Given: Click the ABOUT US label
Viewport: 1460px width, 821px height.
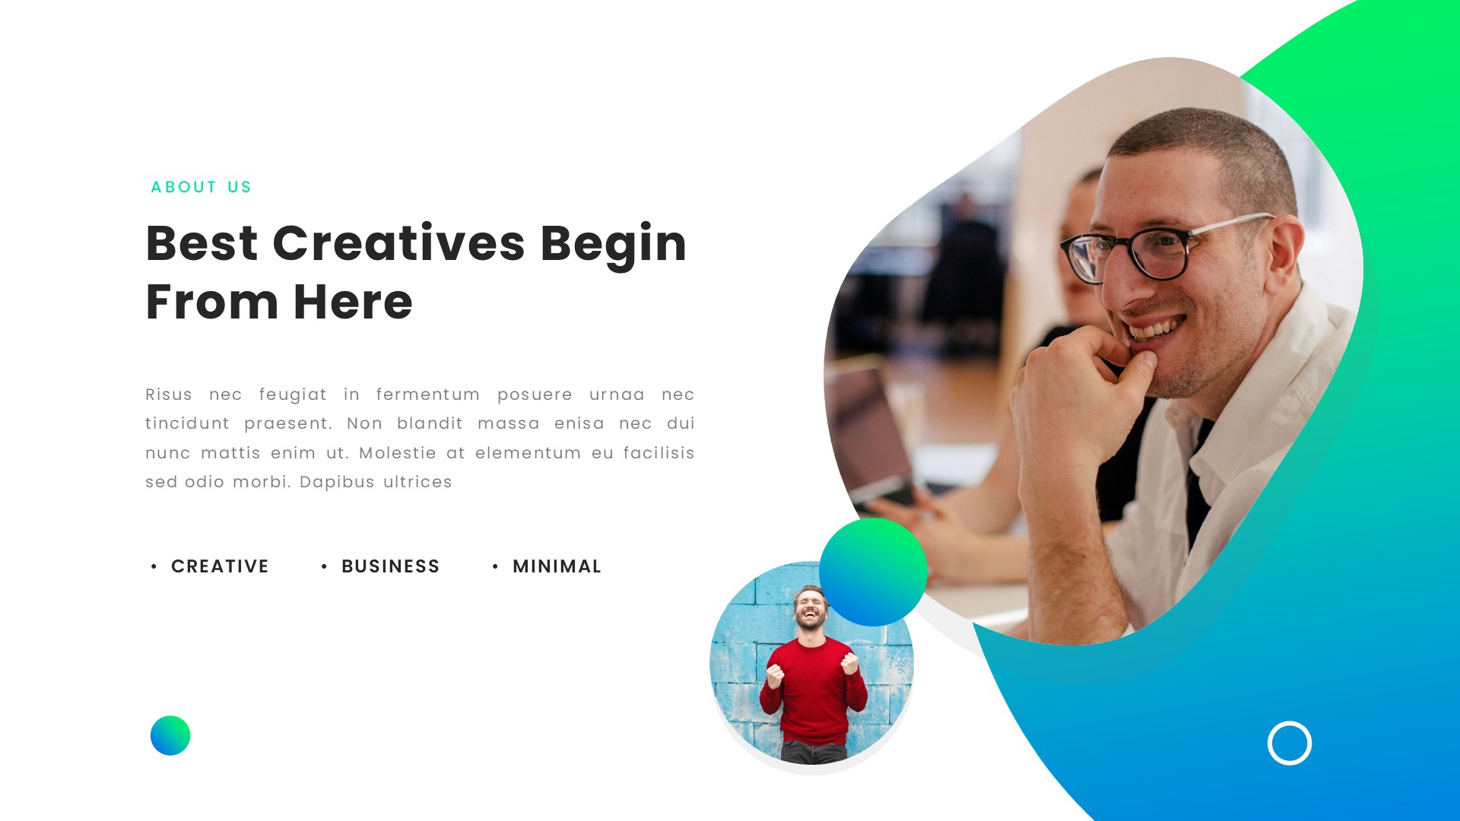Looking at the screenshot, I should pyautogui.click(x=201, y=187).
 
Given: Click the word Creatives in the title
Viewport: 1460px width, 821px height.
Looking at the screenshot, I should pyautogui.click(x=398, y=243).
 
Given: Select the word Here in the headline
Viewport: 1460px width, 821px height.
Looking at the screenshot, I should pyautogui.click(x=353, y=302).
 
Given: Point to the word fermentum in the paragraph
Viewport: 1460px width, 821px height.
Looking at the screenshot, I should pyautogui.click(x=427, y=395).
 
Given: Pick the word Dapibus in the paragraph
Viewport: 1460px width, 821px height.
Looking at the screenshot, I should pyautogui.click(x=337, y=482).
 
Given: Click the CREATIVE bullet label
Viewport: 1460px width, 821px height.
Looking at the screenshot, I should pyautogui.click(x=220, y=566).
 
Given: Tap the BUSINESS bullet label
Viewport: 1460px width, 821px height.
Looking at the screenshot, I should pyautogui.click(x=390, y=566).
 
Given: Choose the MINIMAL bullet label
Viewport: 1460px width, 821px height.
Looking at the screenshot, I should pyautogui.click(x=557, y=566).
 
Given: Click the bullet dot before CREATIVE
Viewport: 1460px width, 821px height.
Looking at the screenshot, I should pyautogui.click(x=154, y=566).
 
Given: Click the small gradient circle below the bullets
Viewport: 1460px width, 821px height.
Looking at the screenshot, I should pyautogui.click(x=170, y=735).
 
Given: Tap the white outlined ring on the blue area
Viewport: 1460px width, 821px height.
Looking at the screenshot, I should pyautogui.click(x=1290, y=743).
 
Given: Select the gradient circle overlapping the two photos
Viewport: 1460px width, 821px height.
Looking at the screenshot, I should pyautogui.click(x=873, y=572).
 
